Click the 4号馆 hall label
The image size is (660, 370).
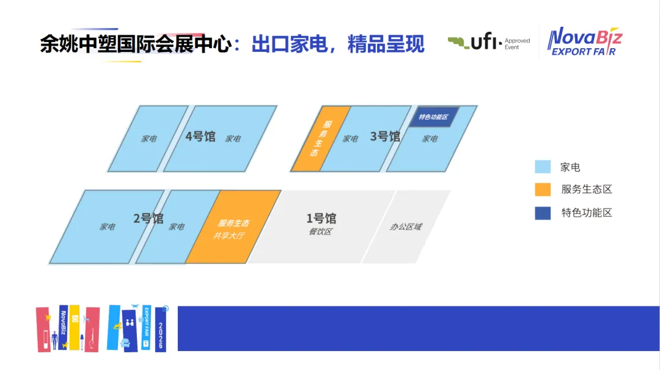(x=200, y=136)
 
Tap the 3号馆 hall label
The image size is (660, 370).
(x=385, y=136)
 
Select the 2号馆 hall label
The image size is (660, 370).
(x=148, y=218)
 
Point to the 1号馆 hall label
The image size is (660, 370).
(x=321, y=218)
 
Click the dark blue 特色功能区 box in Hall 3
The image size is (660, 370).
(x=433, y=117)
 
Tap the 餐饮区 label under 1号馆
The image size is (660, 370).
(x=320, y=231)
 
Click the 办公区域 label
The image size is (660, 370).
(x=406, y=227)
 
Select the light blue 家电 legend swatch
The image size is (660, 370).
(x=543, y=167)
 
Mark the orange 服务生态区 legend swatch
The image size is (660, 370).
(x=543, y=190)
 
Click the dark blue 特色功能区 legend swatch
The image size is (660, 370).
(x=543, y=213)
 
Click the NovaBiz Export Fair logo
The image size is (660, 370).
(x=584, y=42)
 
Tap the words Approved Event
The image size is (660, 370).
(x=517, y=43)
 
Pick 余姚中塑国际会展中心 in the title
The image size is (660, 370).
(x=136, y=44)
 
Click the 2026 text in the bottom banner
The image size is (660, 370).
(x=161, y=336)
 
